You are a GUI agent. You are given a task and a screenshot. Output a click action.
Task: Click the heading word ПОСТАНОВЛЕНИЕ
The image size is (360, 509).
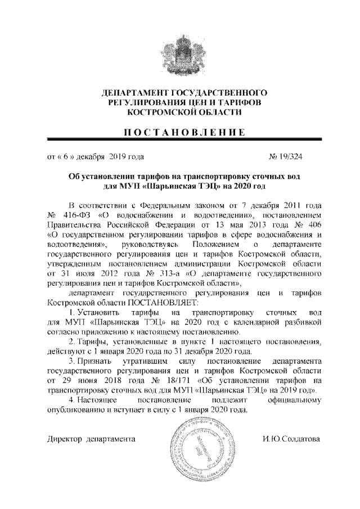(x=180, y=133)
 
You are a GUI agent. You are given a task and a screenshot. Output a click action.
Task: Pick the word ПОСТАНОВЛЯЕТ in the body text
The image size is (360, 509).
(x=119, y=303)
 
